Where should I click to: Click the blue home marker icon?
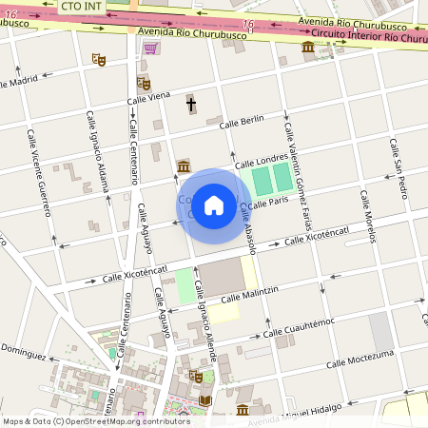click(214, 204)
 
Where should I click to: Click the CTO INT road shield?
click(82, 6)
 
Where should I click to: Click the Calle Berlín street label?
click(241, 122)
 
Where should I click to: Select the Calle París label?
click(270, 201)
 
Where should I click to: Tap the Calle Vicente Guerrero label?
click(39, 171)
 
